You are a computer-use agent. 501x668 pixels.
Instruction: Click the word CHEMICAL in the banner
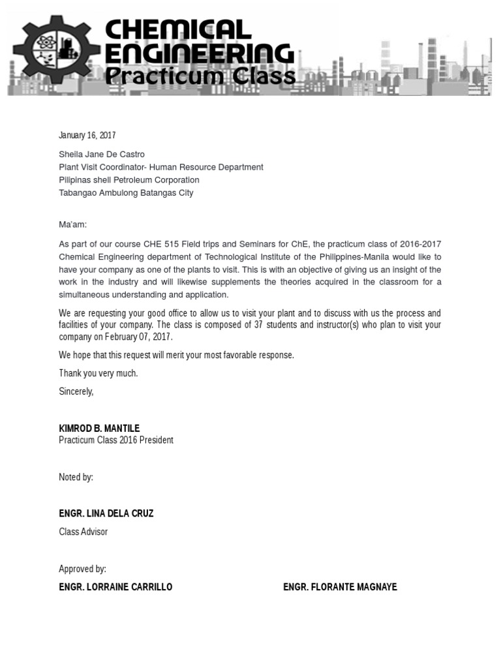(177, 30)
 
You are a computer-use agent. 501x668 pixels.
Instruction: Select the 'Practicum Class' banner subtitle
(200, 77)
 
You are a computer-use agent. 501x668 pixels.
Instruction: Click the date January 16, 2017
(87, 136)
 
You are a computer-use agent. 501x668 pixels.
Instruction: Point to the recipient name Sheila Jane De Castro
(102, 155)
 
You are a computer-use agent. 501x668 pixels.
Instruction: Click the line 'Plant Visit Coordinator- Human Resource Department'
(161, 167)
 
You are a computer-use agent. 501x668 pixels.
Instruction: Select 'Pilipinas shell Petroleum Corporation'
(129, 180)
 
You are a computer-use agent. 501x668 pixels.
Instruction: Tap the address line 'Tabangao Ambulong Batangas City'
(126, 193)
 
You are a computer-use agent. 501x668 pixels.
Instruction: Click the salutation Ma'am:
(72, 225)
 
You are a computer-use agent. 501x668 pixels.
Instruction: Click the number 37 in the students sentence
(258, 325)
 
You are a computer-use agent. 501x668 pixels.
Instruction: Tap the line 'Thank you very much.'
(99, 374)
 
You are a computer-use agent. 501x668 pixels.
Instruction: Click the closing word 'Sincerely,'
(76, 392)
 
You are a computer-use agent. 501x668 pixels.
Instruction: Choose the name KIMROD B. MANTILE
(99, 429)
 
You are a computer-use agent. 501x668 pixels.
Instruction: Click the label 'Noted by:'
(76, 478)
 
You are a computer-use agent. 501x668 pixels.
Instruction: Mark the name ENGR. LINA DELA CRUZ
(106, 513)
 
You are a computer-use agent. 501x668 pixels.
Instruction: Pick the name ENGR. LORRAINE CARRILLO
(115, 587)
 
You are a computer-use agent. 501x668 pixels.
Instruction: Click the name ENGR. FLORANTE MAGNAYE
(340, 587)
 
